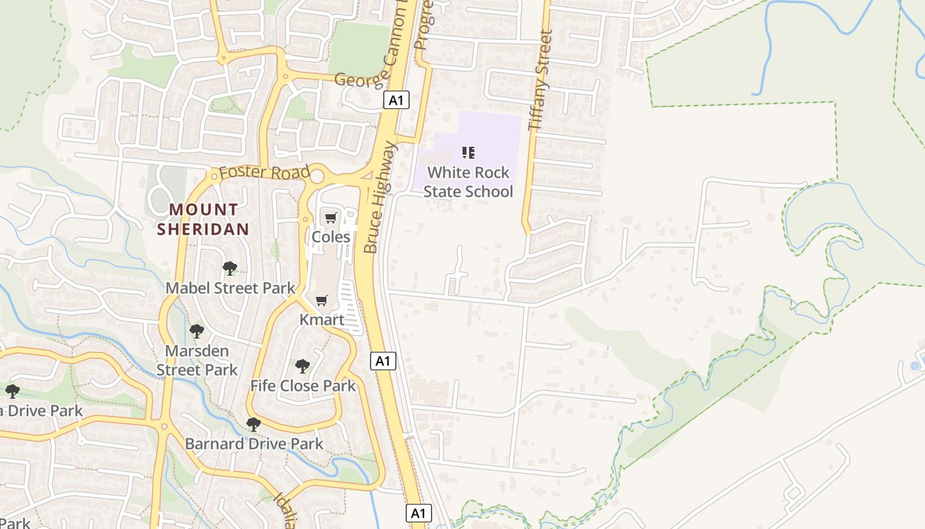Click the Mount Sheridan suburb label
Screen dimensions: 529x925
point(203,220)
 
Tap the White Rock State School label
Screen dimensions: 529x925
point(468,182)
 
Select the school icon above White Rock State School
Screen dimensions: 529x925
point(468,153)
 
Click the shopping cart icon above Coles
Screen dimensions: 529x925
point(330,218)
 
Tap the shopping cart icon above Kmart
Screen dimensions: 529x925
point(322,301)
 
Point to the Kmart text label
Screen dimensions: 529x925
point(322,320)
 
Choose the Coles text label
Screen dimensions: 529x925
point(330,236)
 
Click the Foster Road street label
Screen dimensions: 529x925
point(264,173)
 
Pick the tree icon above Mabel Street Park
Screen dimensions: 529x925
point(230,268)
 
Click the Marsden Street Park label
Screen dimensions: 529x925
point(197,360)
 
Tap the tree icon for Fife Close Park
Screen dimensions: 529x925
point(303,366)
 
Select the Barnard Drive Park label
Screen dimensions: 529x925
point(254,444)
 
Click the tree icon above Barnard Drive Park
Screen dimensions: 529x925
point(253,424)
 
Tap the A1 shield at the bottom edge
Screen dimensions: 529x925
point(418,513)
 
